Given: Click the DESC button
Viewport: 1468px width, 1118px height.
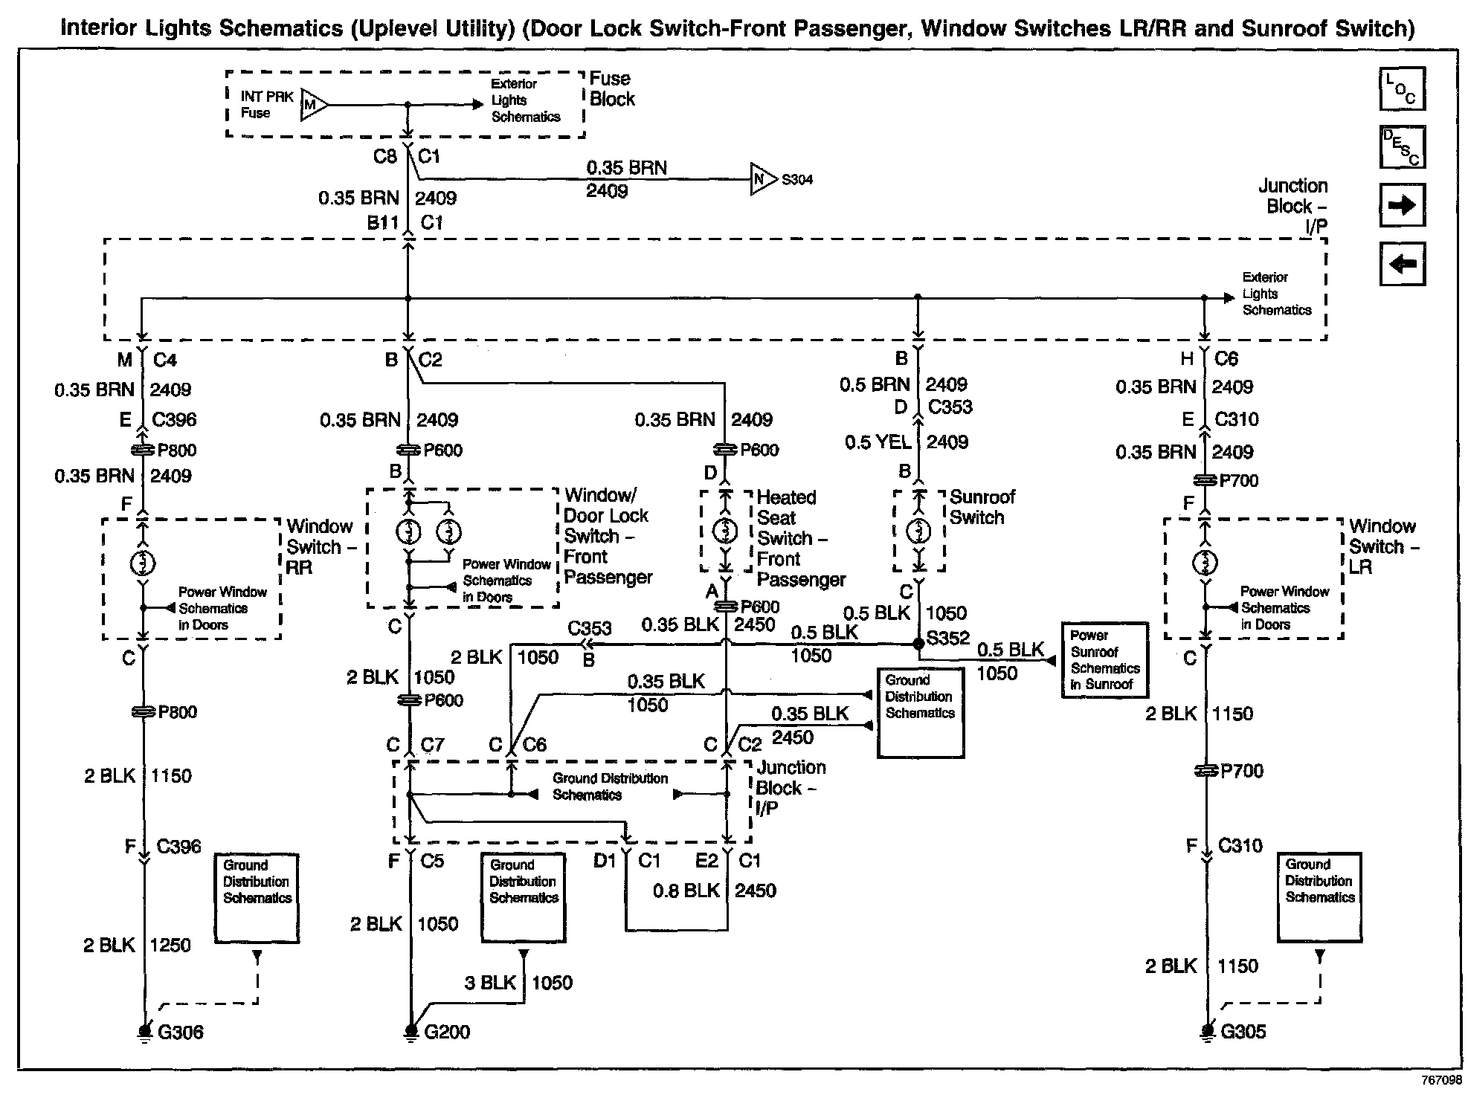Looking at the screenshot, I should pos(1402,147).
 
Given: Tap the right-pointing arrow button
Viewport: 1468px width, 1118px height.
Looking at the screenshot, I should pos(1402,205).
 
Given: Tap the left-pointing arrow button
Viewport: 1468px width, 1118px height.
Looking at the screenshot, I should pos(1402,264).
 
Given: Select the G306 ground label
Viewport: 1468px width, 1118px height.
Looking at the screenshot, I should pos(180,1032).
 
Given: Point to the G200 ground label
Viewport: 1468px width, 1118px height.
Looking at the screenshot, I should pos(446,1032).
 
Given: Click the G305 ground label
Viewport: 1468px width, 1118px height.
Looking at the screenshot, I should pos(1243,1031).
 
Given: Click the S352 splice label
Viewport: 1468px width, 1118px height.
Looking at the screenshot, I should pos(948,638).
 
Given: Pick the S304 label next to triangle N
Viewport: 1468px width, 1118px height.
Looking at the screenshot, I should pos(796,180).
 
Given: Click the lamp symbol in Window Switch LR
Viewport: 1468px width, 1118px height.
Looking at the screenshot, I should pos(1205,563).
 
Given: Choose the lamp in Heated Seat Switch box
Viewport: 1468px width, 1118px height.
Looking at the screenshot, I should pos(725,531).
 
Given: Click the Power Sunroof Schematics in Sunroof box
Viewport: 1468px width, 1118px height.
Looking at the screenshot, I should pos(1104,660).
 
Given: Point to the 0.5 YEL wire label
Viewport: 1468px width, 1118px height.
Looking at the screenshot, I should pos(878,442).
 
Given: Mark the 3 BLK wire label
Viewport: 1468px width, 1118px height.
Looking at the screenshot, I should pos(490,983).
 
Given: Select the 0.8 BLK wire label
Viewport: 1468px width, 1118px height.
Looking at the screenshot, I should pos(686,891).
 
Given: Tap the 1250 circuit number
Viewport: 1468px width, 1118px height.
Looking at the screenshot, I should pos(170,945).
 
